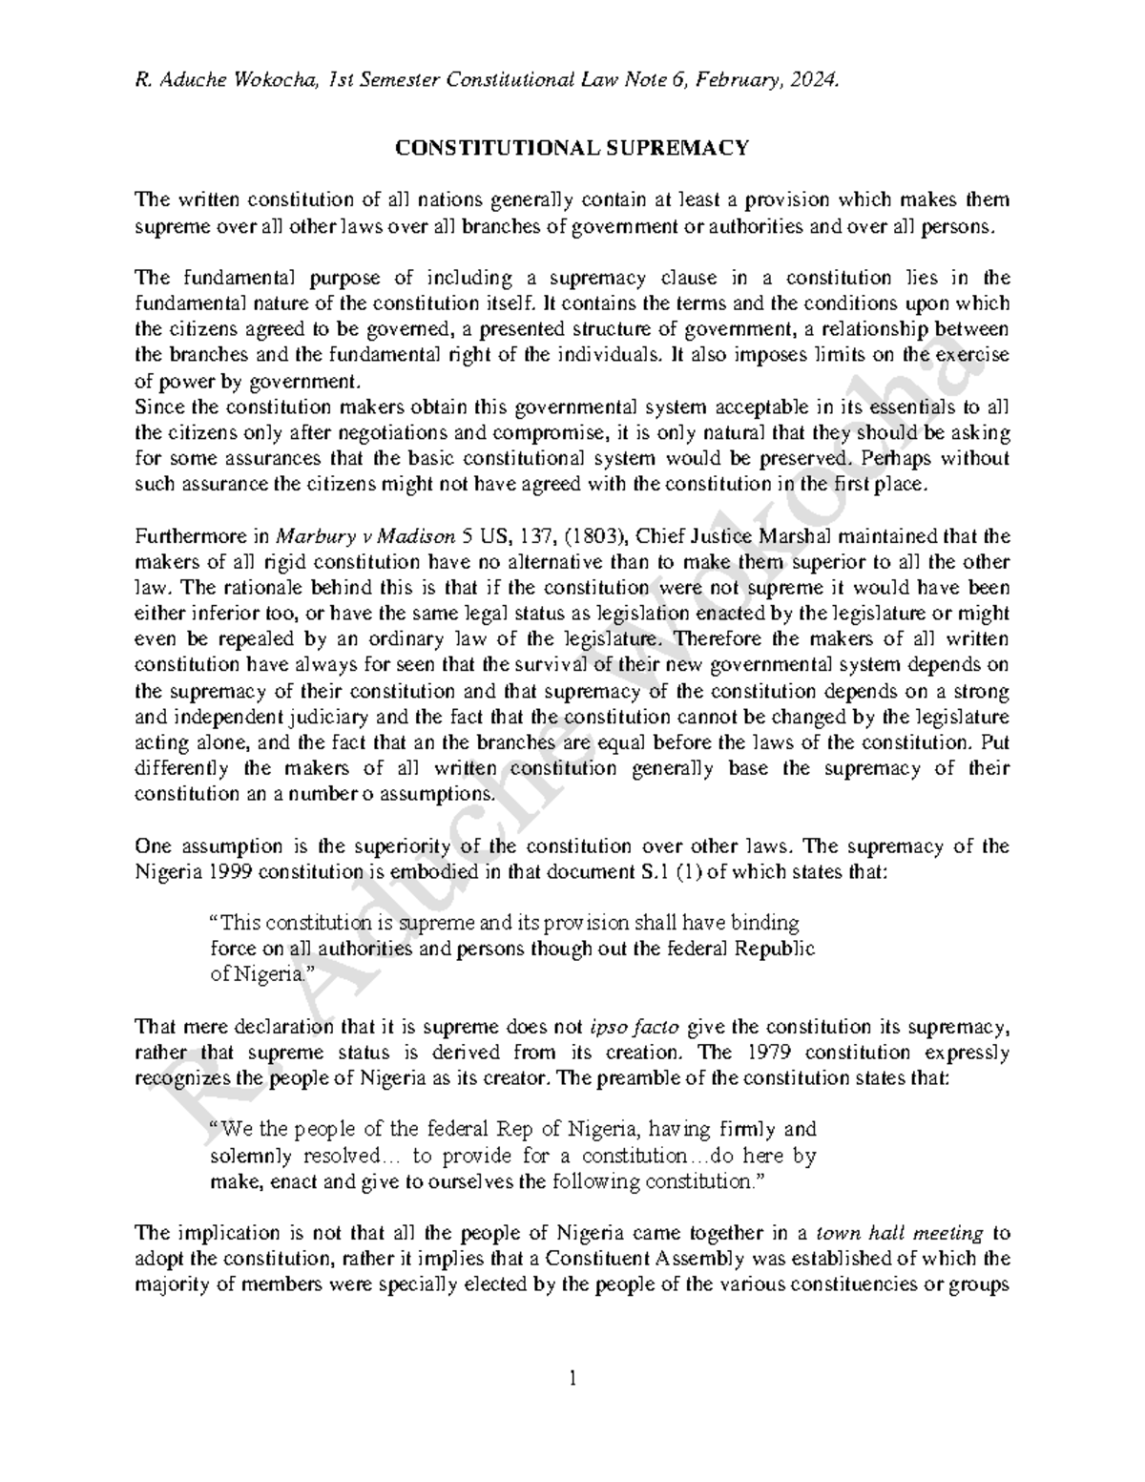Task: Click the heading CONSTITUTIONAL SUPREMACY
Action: (x=572, y=148)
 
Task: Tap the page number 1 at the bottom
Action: (x=572, y=1378)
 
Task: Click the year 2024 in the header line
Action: (x=819, y=81)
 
